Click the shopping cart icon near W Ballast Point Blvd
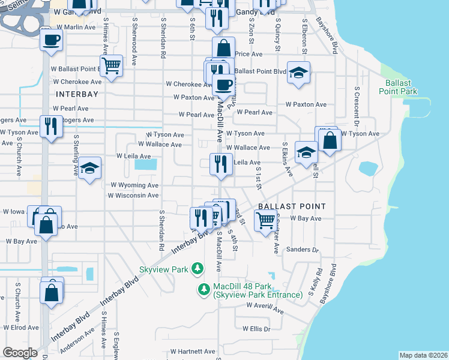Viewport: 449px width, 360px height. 111,65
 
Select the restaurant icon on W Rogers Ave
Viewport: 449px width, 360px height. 51,127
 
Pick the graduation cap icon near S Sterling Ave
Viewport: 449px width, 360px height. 89,170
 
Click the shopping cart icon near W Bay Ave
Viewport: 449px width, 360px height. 265,221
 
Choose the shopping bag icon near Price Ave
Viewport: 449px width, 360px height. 223,49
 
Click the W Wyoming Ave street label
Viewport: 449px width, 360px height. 134,185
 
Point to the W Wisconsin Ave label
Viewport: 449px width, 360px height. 133,196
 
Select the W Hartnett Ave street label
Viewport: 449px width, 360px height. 192,352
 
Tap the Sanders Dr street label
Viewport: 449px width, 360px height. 301,250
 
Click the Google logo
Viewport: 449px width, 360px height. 20,353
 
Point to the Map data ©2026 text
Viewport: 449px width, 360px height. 423,355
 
